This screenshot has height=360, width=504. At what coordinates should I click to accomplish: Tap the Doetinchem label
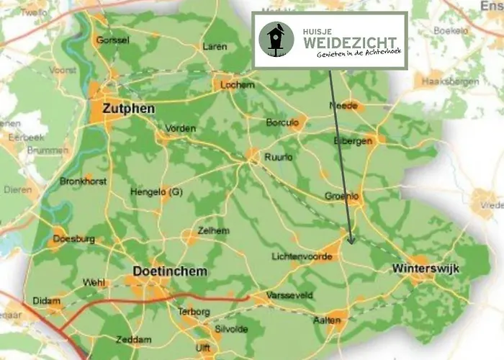coord(170,271)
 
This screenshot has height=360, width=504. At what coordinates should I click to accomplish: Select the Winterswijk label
coord(426,269)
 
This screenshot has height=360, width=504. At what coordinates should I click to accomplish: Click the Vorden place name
coord(181,128)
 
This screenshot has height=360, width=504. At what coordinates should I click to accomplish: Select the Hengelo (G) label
coord(156,192)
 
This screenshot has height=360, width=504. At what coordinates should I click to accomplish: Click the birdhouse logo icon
coord(276,40)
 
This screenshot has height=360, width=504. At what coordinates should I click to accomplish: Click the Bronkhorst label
coord(83,181)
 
